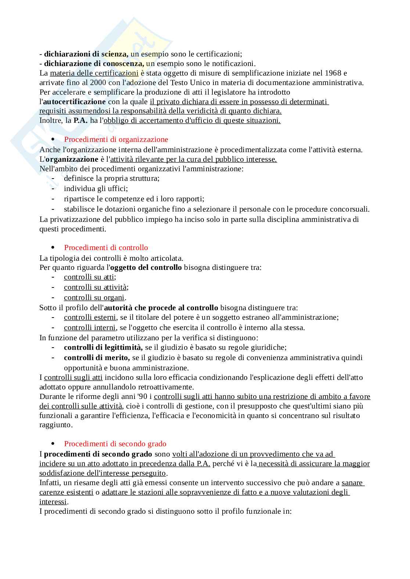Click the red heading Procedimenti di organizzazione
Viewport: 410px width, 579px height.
(x=116, y=139)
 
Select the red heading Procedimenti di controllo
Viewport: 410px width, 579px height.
(x=106, y=248)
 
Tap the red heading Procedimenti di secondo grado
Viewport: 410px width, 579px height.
(x=115, y=444)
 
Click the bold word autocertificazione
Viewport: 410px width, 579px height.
(x=74, y=102)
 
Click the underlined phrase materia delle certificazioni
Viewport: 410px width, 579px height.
(x=94, y=73)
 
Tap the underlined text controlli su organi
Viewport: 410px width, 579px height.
(x=94, y=297)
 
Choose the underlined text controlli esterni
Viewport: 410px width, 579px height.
(x=90, y=317)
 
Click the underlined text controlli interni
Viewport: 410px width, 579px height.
(x=90, y=327)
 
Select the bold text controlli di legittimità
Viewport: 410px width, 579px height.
(x=103, y=347)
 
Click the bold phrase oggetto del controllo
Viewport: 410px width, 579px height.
(x=146, y=267)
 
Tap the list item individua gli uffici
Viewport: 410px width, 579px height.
(x=96, y=188)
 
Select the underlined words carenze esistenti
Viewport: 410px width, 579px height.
(x=66, y=492)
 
